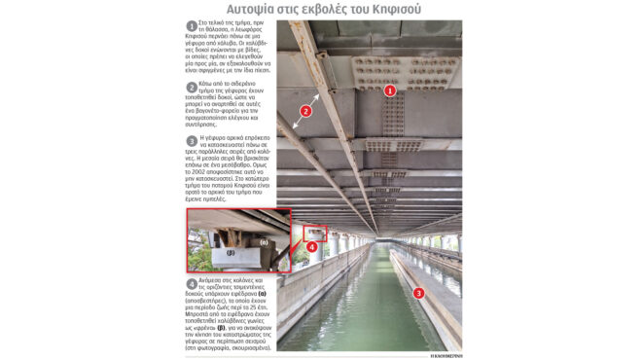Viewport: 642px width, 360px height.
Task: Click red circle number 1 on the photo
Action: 389,90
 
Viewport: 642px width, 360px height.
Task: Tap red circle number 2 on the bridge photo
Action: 304,111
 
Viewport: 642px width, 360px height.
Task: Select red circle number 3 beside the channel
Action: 419,292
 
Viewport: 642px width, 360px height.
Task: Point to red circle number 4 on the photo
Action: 313,247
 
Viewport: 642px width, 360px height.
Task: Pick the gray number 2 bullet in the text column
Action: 192,87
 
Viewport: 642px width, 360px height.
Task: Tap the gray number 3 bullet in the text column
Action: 192,140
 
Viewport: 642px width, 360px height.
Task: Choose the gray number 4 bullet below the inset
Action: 192,283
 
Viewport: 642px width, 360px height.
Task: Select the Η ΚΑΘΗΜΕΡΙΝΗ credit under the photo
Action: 445,354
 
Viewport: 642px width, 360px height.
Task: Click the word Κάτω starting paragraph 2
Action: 207,86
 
